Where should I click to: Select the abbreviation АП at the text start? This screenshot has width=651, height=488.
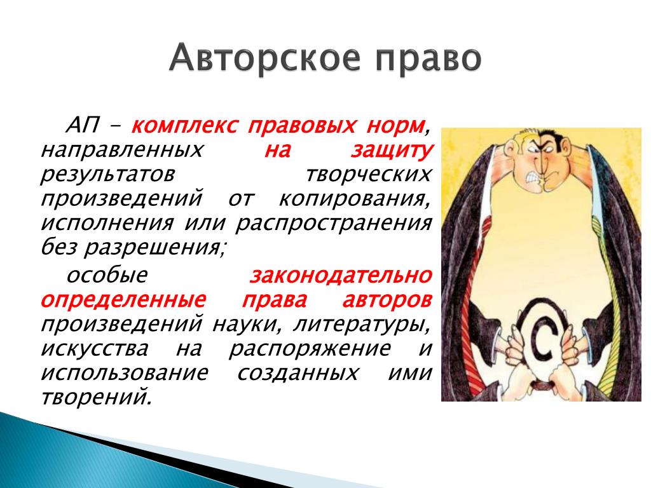click(83, 124)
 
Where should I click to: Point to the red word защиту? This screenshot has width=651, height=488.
click(392, 151)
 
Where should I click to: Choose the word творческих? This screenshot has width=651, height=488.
click(369, 175)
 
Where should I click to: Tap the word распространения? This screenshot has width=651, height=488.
click(334, 224)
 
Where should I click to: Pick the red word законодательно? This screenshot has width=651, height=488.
click(341, 275)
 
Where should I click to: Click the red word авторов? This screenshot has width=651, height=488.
click(387, 300)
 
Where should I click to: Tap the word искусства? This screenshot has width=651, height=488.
click(94, 349)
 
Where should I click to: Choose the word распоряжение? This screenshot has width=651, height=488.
click(310, 349)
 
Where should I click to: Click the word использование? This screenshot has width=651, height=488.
click(124, 373)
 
